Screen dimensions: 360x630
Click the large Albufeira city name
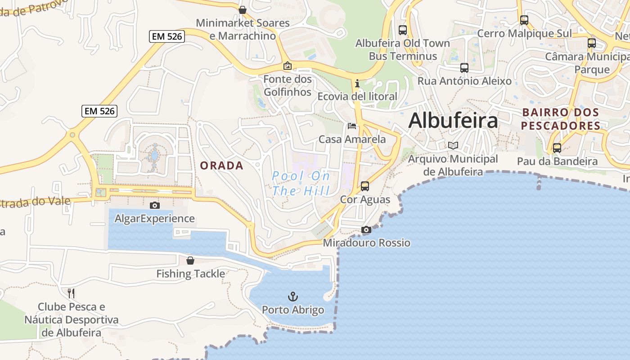[x=453, y=121]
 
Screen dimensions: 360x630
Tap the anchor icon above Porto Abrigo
[x=293, y=297]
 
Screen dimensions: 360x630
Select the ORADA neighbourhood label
[x=221, y=166]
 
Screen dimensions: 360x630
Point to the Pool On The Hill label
[x=301, y=183]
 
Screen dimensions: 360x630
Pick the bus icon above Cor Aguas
[x=365, y=186]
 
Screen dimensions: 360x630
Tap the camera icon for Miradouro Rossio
[x=366, y=229]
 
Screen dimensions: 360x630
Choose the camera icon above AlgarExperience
[x=155, y=205]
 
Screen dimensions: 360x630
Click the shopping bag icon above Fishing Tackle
[x=190, y=260]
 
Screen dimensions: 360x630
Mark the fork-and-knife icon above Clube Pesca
[x=71, y=293]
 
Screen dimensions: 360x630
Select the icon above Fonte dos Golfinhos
[x=287, y=66]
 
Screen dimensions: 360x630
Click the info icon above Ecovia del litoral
[x=357, y=83]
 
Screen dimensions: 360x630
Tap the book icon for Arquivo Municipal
[x=453, y=145]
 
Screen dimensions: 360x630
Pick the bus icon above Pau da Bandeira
[x=557, y=148]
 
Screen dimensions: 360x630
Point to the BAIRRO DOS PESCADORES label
[x=561, y=119]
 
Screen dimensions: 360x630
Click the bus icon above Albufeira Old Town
[x=403, y=30]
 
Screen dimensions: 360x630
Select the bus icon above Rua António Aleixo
[x=464, y=68]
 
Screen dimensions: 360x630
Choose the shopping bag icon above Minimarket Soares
[x=243, y=10]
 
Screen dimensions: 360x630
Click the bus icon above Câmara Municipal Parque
[x=592, y=43]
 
